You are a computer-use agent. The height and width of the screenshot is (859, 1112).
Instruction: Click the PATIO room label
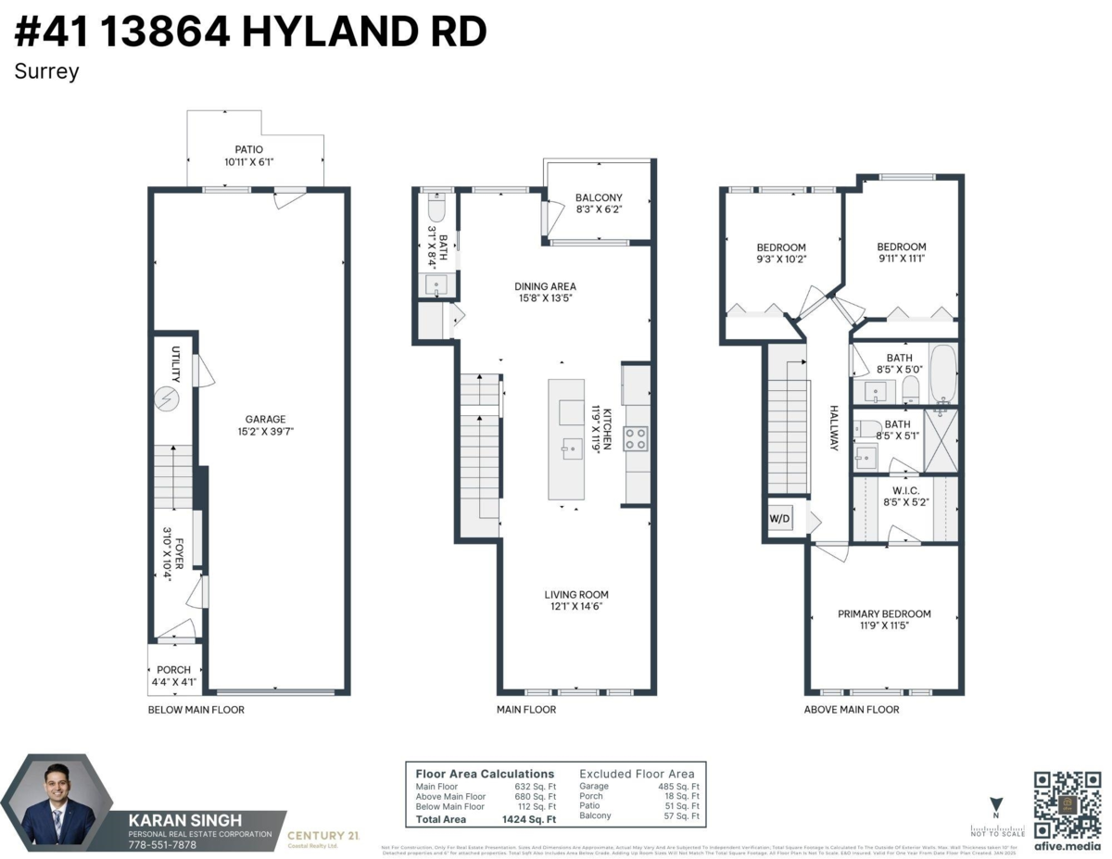point(249,149)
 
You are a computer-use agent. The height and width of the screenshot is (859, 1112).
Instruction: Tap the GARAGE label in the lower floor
point(265,419)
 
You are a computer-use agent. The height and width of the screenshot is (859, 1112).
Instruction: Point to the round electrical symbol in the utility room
point(168,399)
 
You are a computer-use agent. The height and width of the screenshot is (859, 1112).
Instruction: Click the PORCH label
point(173,670)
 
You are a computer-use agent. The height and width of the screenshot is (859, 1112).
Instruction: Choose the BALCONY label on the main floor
point(599,197)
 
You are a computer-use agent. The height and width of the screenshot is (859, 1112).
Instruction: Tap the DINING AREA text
point(546,286)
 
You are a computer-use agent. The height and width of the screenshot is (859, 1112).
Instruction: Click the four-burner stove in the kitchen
point(636,438)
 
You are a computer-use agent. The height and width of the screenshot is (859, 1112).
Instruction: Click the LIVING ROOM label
point(576,595)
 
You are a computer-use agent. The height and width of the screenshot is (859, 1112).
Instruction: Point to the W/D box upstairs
point(779,520)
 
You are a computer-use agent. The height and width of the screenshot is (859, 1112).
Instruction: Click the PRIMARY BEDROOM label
point(884,613)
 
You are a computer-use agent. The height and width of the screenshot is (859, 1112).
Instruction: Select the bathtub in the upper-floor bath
point(942,374)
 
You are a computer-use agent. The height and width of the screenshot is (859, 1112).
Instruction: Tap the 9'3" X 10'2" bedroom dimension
point(781,260)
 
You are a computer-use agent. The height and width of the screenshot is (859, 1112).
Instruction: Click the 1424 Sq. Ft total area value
point(530,819)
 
